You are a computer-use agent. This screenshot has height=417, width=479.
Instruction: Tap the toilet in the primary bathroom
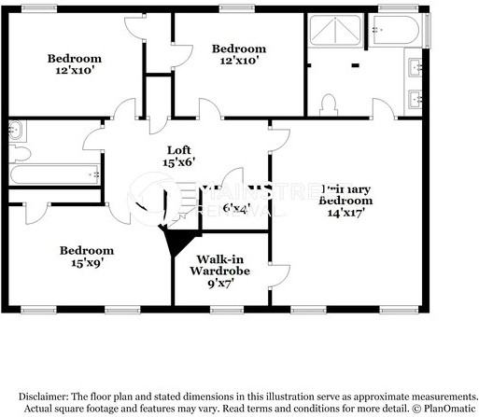click(328, 103)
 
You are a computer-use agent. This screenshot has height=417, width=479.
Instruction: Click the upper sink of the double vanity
click(415, 66)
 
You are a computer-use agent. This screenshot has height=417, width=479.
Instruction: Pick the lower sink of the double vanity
click(415, 96)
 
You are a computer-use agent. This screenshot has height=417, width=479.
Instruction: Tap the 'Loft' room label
click(179, 150)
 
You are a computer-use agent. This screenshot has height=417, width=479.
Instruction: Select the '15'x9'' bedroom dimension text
click(87, 263)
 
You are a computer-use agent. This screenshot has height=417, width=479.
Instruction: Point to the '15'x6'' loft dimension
click(179, 162)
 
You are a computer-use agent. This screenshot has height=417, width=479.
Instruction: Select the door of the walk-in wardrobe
click(276, 274)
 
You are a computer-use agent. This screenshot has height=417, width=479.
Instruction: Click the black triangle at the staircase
click(174, 244)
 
